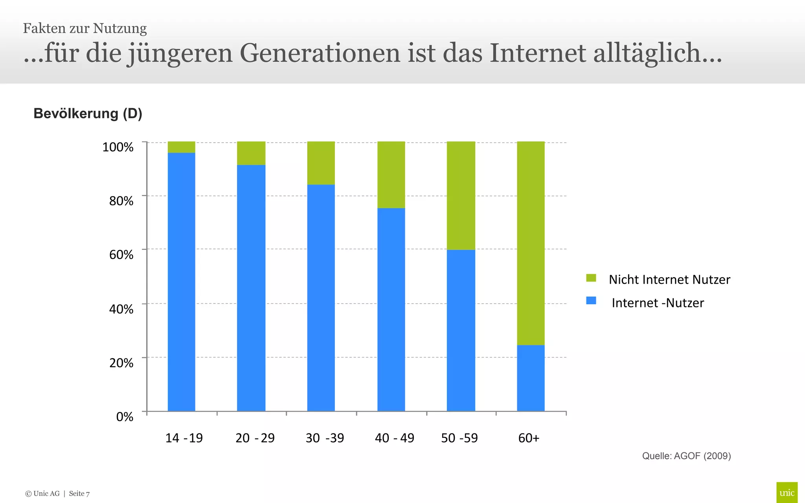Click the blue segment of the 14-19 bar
pyautogui.click(x=181, y=282)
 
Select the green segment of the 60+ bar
pyautogui.click(x=531, y=243)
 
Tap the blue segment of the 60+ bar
pyautogui.click(x=531, y=378)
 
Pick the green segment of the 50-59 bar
pyautogui.click(x=461, y=196)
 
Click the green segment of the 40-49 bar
pyautogui.click(x=391, y=175)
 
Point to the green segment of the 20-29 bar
pyautogui.click(x=251, y=153)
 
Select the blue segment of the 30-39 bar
pyautogui.click(x=321, y=298)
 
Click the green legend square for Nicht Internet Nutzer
pyautogui.click(x=591, y=278)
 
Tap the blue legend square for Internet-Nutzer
pyautogui.click(x=591, y=301)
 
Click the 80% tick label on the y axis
pyautogui.click(x=121, y=201)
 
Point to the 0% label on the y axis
pyautogui.click(x=125, y=417)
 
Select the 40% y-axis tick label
pyautogui.click(x=121, y=309)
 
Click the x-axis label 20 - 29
pyautogui.click(x=255, y=438)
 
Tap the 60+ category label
pyautogui.click(x=529, y=438)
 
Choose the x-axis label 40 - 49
pyautogui.click(x=394, y=438)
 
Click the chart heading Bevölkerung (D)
pyautogui.click(x=88, y=114)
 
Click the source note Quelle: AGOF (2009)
pyautogui.click(x=686, y=456)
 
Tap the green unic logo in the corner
pyautogui.click(x=787, y=492)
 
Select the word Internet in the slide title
pyautogui.click(x=538, y=53)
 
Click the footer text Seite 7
pyautogui.click(x=79, y=494)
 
